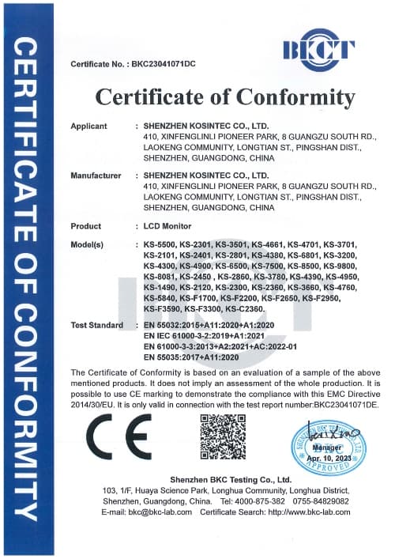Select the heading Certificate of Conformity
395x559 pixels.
(x=225, y=97)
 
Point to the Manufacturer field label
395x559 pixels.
(x=96, y=175)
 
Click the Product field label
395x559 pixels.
(x=86, y=226)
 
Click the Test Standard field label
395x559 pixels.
(x=97, y=325)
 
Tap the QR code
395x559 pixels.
(x=223, y=437)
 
